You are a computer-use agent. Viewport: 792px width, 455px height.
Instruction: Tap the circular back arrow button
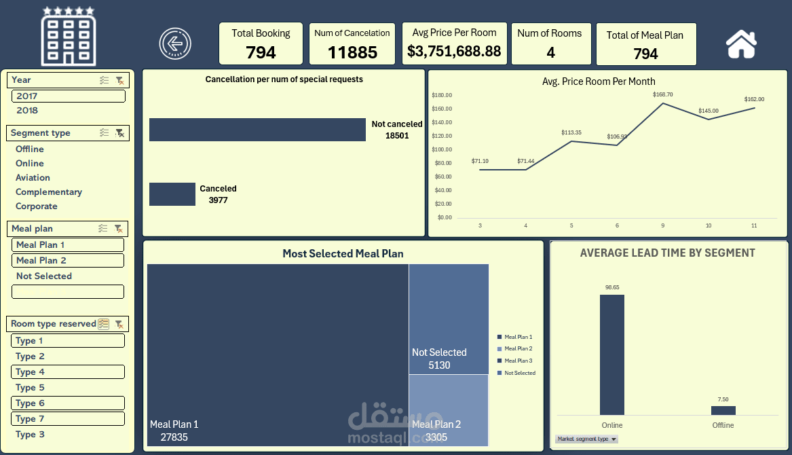coord(175,43)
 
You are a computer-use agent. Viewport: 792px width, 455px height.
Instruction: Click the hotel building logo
coord(69,37)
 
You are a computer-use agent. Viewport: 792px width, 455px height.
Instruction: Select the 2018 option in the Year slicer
coord(27,110)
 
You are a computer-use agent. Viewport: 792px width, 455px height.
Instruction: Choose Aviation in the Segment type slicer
coord(33,177)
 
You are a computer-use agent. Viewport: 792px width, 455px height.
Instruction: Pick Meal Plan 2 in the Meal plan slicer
coord(41,260)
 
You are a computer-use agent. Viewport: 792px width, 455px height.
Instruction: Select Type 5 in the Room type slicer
coord(30,387)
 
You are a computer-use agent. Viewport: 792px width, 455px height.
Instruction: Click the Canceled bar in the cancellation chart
coord(172,194)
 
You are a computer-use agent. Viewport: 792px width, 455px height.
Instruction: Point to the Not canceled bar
coord(257,130)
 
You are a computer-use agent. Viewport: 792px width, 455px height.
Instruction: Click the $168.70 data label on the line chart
coord(663,94)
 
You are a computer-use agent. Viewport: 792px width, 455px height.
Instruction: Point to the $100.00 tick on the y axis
coord(443,149)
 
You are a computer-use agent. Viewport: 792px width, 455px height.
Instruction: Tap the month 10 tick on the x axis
coord(708,225)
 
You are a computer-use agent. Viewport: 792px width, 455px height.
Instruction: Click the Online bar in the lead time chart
coord(611,354)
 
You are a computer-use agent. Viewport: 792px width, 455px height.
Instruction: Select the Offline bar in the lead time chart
coord(723,410)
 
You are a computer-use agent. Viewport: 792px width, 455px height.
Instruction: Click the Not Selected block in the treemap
coord(449,319)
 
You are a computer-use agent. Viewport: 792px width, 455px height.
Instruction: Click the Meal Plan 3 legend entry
coord(518,361)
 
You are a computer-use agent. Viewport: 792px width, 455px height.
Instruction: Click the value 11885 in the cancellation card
coord(352,52)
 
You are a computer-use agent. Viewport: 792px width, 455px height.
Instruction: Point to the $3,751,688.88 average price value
coord(454,51)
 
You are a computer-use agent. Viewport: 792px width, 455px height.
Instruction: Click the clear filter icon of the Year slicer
coord(119,80)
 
